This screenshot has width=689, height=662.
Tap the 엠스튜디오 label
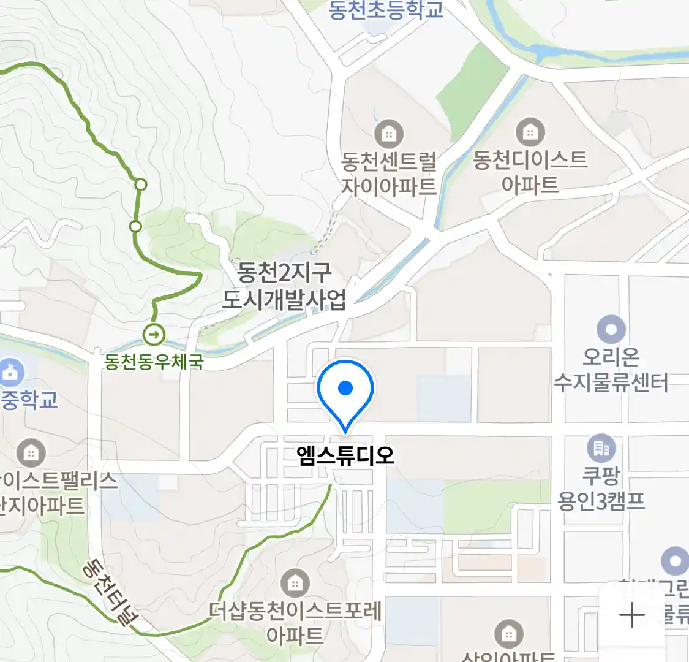[345, 455]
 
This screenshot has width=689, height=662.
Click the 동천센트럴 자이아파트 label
[389, 173]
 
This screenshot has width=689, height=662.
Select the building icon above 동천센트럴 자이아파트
[389, 133]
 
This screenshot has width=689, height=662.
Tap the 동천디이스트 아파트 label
[530, 172]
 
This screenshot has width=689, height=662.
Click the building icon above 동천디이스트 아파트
[530, 132]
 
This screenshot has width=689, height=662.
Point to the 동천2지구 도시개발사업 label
[284, 286]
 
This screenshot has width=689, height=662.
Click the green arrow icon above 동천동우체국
[154, 335]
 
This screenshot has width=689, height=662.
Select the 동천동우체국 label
[154, 362]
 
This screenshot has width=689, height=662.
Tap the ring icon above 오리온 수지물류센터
[611, 329]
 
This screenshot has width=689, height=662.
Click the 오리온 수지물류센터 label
[611, 370]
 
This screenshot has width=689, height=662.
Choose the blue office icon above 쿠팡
[601, 449]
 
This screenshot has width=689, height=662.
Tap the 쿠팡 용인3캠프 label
[601, 488]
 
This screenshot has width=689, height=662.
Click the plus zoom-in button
[632, 615]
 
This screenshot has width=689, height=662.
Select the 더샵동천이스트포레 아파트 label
[295, 622]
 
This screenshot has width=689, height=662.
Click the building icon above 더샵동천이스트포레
[295, 583]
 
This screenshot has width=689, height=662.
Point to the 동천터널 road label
[110, 592]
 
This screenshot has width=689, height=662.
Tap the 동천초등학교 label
[386, 10]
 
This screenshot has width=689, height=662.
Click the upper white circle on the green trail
[141, 184]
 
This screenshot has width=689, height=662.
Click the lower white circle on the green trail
[135, 226]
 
